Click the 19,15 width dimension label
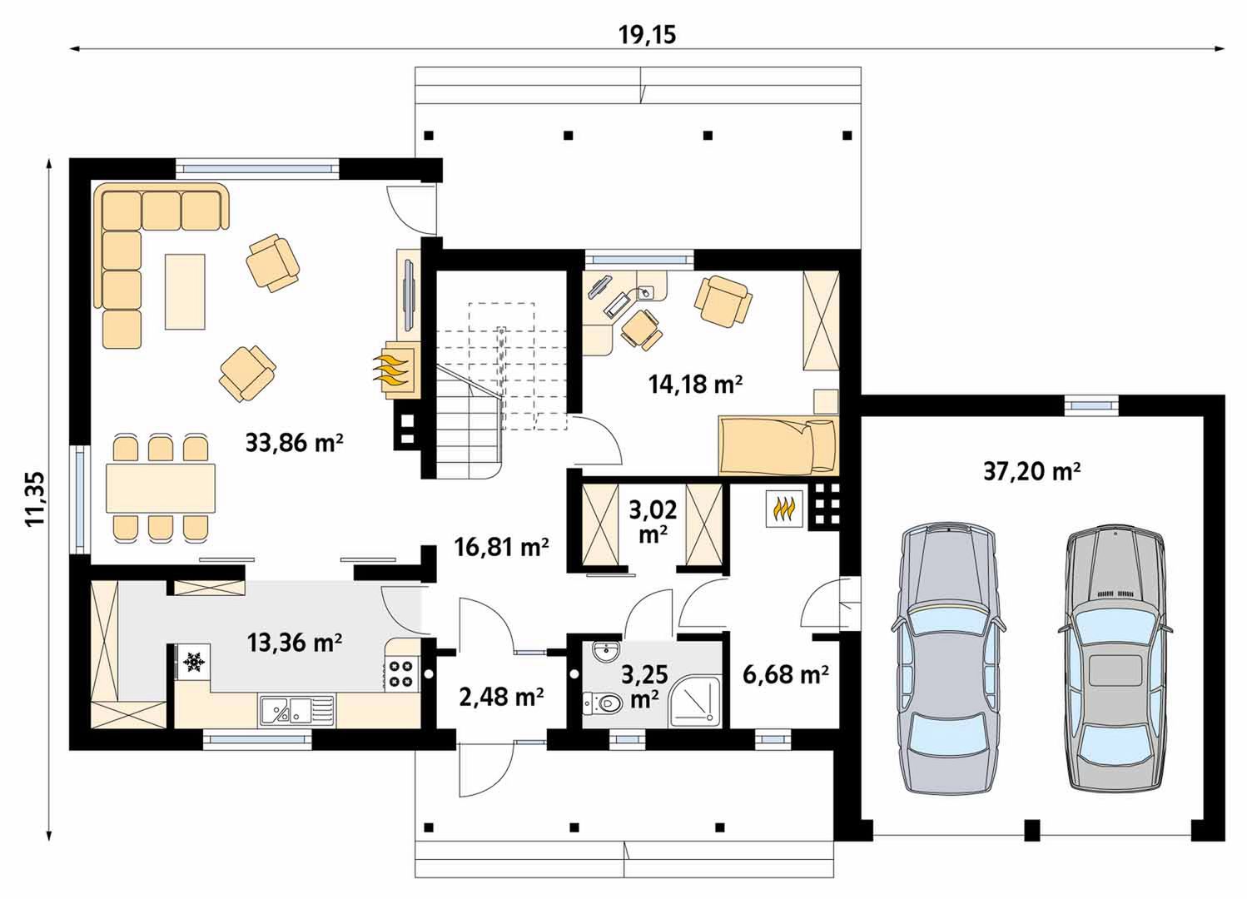pos(648,34)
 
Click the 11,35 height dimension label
pos(35,499)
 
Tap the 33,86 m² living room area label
pos(294,443)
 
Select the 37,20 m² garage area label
pos(1032,471)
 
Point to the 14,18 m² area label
pos(695,384)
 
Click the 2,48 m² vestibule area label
pos(502,697)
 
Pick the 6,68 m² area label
pos(786,675)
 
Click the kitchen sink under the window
pos(296,711)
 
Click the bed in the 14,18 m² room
pos(779,445)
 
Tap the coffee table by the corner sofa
pos(185,291)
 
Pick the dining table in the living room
pos(161,489)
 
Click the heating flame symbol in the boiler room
pos(784,509)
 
